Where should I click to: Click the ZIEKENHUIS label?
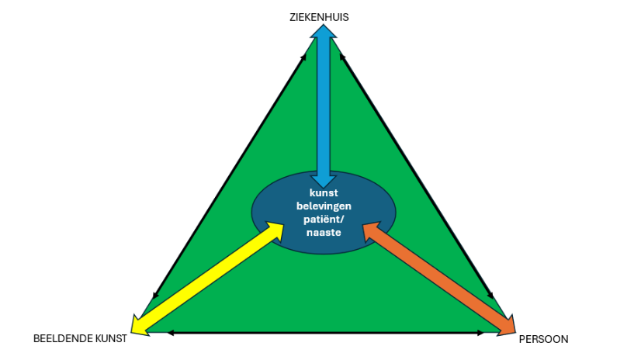pos(319,17)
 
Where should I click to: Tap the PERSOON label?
pos(543,339)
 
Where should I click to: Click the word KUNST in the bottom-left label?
pos(111,339)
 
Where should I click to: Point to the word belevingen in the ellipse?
pos(324,206)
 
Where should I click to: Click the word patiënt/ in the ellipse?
pos(324,220)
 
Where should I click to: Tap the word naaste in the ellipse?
pos(324,233)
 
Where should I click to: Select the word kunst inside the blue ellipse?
pos(324,192)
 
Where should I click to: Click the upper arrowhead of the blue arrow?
pos(324,31)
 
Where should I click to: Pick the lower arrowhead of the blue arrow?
pos(324,182)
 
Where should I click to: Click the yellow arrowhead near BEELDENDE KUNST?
pos(138,326)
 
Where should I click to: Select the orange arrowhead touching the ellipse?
pos(372,231)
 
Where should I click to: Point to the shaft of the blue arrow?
pos(324,106)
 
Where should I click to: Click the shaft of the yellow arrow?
pos(207,279)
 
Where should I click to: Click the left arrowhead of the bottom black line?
pos(171,333)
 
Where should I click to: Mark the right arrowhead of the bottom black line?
pos(481,333)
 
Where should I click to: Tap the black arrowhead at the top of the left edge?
pos(303,57)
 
